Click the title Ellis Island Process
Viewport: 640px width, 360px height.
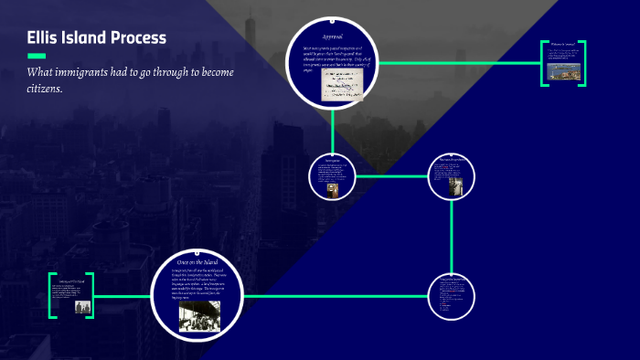[96, 37]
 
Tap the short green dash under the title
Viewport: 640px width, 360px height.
[37, 55]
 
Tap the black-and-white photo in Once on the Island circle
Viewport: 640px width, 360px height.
[198, 315]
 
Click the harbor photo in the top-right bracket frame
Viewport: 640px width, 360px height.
[563, 69]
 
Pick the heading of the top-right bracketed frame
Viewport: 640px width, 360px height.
[563, 43]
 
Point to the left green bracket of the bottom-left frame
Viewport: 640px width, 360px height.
[53, 296]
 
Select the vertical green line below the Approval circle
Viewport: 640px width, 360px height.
[333, 128]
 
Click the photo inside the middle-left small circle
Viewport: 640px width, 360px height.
[332, 188]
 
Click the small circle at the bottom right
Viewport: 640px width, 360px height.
[452, 296]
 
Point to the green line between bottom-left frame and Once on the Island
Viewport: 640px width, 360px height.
[123, 296]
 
